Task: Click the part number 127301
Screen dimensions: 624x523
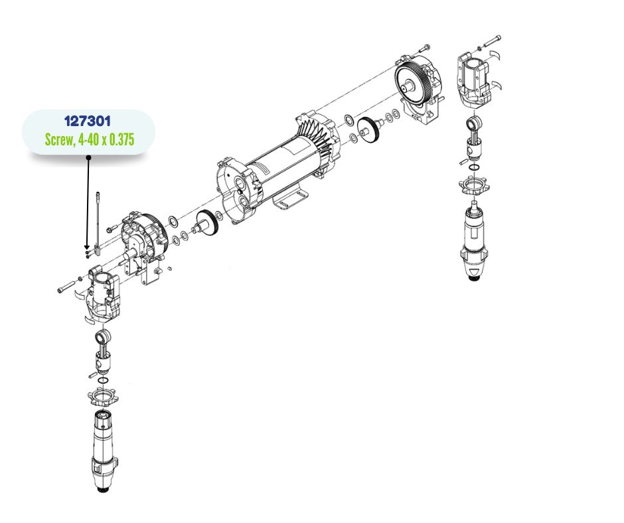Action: (87, 121)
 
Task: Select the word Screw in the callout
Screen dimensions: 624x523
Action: (59, 139)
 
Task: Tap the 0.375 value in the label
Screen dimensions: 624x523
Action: (121, 139)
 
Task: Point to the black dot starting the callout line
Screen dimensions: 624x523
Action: (89, 157)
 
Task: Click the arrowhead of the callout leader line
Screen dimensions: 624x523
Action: (87, 248)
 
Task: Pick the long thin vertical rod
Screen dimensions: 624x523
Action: (98, 223)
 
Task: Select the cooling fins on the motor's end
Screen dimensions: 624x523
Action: (319, 135)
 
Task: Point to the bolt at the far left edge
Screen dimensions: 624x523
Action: (66, 287)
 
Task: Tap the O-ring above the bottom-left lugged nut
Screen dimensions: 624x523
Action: (103, 380)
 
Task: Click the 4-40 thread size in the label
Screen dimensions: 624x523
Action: (88, 139)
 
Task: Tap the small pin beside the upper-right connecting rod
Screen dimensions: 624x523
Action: (463, 161)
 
